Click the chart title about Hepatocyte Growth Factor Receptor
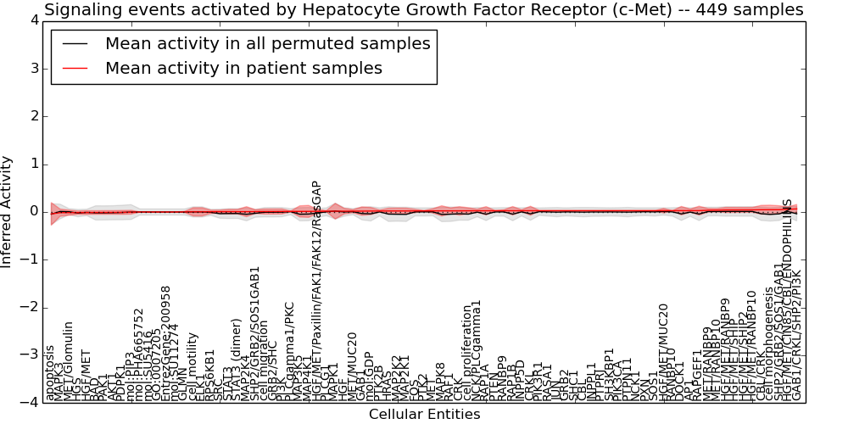click(x=423, y=10)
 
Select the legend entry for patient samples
click(x=243, y=69)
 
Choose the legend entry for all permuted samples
click(x=267, y=44)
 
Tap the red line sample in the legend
click(x=75, y=69)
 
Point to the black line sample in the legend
click(x=75, y=44)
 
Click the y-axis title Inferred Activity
click(x=8, y=211)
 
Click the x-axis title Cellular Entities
click(x=424, y=415)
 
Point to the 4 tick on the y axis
click(x=32, y=21)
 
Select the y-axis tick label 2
click(x=32, y=116)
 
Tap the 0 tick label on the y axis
click(x=32, y=211)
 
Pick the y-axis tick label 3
click(x=32, y=69)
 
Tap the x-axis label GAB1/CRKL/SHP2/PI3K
click(x=796, y=335)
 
